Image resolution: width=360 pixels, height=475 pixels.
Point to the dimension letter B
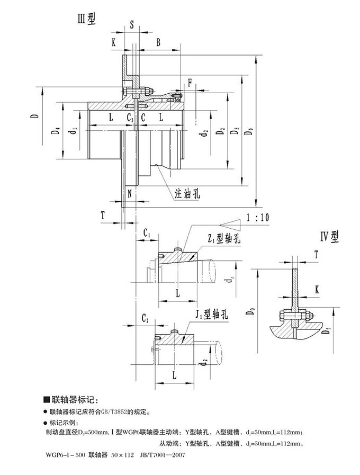tap(158, 42)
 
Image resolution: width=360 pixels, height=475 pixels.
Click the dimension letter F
tap(190, 82)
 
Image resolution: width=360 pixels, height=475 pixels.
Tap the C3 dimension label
tap(130, 117)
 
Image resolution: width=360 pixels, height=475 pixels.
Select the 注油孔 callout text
tap(188, 194)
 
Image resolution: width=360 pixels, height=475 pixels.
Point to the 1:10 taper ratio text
tap(257, 217)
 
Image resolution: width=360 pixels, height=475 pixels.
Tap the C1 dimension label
tap(147, 234)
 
